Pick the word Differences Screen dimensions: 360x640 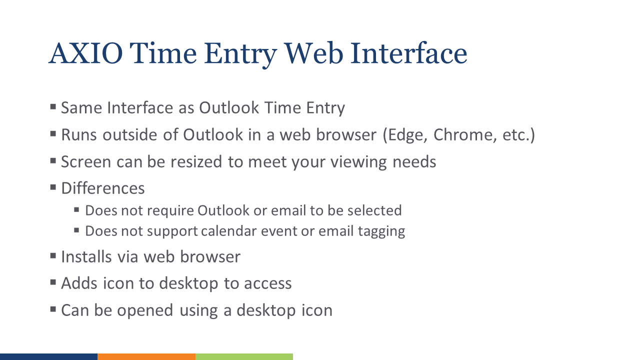[103, 188]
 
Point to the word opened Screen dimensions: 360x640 [147, 310]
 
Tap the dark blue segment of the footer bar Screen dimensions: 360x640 [48, 356]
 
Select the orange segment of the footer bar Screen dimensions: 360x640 [146, 356]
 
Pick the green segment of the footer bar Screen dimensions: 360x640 [244, 356]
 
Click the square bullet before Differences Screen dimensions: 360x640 [53, 188]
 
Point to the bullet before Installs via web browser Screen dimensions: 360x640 [53, 256]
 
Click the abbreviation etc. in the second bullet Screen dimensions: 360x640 [517, 135]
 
